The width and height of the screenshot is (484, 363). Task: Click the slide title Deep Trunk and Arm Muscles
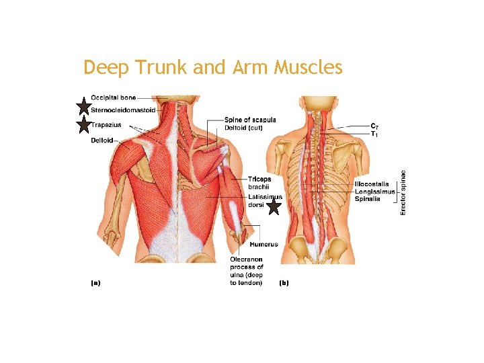click(213, 68)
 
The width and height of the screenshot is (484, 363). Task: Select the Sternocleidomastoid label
click(123, 110)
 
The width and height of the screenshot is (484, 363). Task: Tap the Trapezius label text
click(106, 124)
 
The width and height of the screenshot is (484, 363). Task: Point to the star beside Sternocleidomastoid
click(83, 106)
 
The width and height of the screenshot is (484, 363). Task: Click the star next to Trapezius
click(83, 124)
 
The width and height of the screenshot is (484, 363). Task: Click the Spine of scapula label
click(250, 120)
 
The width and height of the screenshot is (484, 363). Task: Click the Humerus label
click(263, 244)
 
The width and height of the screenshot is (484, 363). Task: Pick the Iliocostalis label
click(373, 184)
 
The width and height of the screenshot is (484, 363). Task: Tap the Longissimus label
click(375, 192)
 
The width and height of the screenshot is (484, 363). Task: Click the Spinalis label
click(368, 199)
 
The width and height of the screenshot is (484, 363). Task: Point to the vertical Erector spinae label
click(403, 192)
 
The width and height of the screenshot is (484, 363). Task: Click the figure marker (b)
click(284, 283)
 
